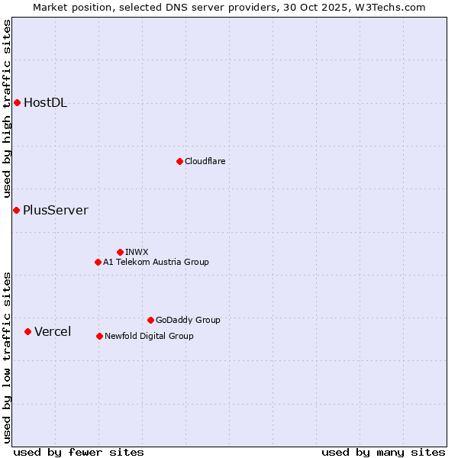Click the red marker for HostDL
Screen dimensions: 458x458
click(17, 102)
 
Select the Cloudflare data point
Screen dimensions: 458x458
click(179, 161)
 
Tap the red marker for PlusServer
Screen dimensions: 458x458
click(16, 210)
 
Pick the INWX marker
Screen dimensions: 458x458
click(120, 252)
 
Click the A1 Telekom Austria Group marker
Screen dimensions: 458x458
click(98, 262)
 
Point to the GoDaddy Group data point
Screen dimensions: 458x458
click(150, 320)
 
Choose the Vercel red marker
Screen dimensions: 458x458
click(27, 331)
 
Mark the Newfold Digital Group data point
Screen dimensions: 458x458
click(99, 336)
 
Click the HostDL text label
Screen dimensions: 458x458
click(45, 103)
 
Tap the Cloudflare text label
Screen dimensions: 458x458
click(205, 161)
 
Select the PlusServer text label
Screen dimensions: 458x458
click(55, 211)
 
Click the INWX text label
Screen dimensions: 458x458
click(137, 252)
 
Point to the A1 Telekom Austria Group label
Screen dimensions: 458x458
click(156, 262)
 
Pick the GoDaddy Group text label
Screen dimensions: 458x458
click(188, 320)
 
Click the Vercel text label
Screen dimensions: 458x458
click(53, 331)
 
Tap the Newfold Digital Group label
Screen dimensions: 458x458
click(149, 336)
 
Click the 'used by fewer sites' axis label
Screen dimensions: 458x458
click(79, 452)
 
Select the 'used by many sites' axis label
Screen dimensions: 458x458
click(383, 452)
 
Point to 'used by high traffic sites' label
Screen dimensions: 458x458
click(7, 108)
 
